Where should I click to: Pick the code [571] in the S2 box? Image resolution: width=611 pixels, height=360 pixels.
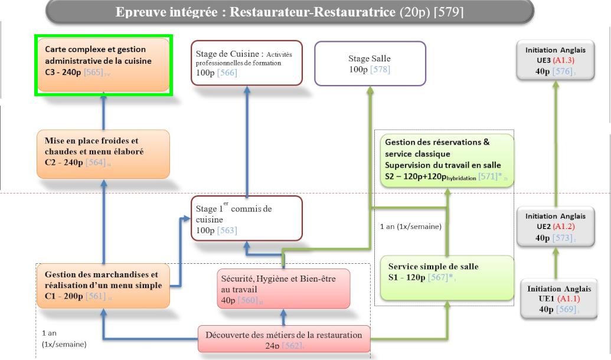point(485,177)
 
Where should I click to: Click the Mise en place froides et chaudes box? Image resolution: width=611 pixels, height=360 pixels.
point(103,153)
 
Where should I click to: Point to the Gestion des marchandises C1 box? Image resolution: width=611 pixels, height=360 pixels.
point(103,285)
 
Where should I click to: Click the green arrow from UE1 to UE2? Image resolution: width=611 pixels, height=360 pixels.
point(556,263)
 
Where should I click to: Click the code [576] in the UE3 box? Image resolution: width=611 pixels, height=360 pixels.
point(563,71)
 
